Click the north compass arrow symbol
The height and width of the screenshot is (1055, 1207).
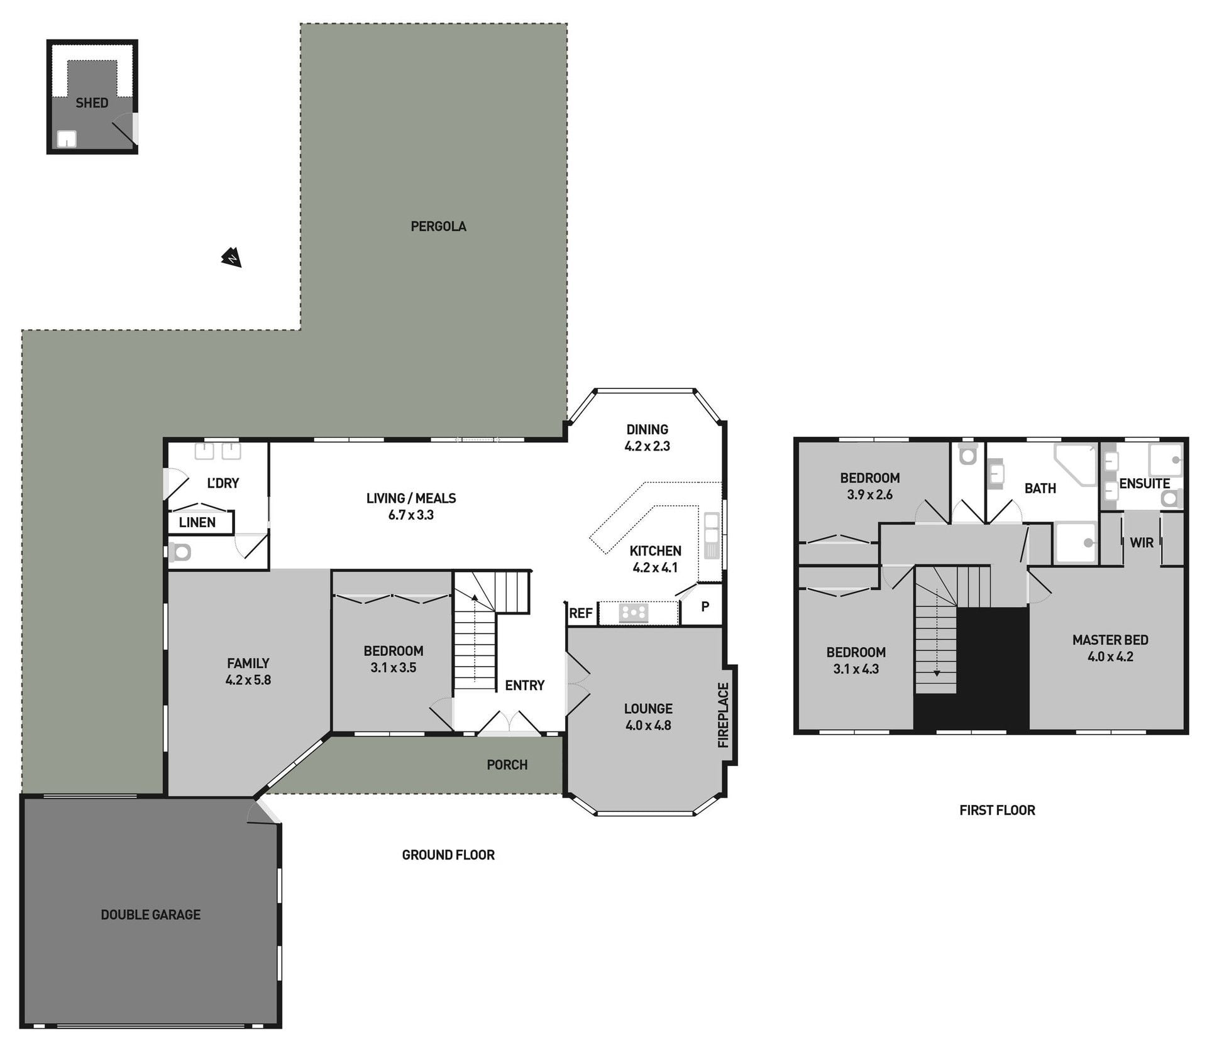coord(231,258)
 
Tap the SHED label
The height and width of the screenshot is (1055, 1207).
coord(92,103)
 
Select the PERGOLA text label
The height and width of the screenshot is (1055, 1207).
coord(438,226)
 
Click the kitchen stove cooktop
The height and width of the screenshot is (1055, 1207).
coord(633,613)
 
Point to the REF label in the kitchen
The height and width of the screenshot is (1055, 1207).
coord(580,613)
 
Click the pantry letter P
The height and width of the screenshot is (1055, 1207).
coord(705,606)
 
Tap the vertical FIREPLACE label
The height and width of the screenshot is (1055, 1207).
coord(723,715)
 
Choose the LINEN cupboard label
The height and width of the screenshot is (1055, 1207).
coord(197,522)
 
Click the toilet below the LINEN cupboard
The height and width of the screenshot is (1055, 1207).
coord(180,552)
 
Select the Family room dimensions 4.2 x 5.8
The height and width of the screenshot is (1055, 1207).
coord(248,680)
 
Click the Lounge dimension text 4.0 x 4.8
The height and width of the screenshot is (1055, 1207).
coord(648,725)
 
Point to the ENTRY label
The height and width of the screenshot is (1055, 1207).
coord(524,686)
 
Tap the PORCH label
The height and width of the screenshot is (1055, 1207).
coord(507,765)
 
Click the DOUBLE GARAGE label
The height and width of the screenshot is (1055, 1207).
coord(151,915)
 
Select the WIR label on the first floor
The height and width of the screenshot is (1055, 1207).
coord(1142,543)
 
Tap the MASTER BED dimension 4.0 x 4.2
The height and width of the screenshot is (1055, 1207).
coord(1110,657)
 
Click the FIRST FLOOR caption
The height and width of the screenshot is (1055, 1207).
coord(997,811)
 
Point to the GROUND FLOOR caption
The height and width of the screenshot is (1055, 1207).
coord(448,855)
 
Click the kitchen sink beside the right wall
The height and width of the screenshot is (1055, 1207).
coord(712,536)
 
